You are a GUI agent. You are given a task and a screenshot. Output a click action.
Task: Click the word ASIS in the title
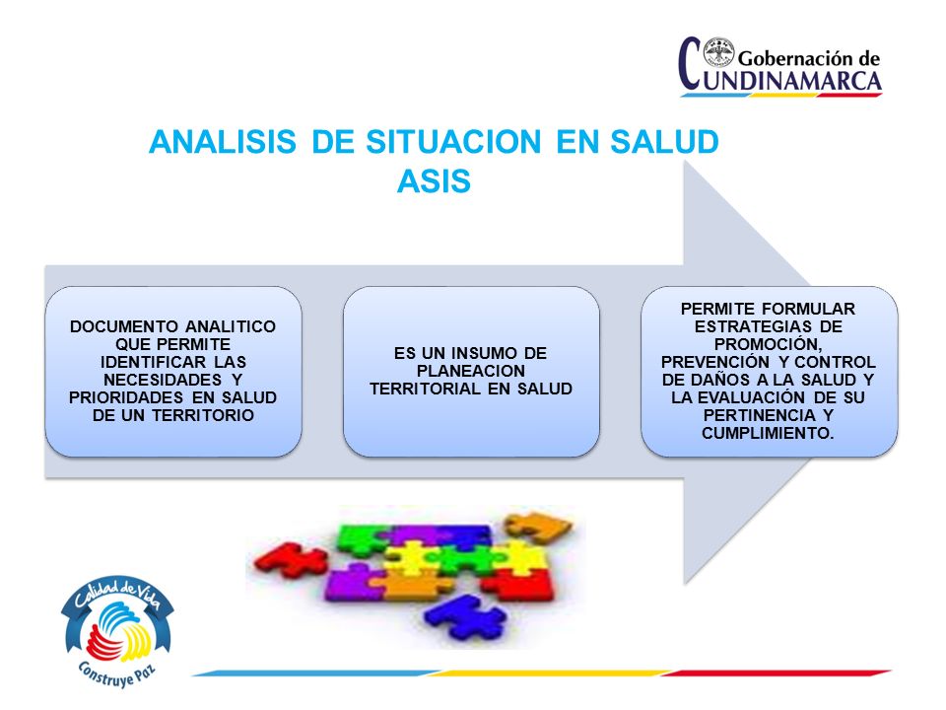click(x=434, y=180)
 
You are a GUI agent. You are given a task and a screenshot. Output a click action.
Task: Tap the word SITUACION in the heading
click(x=453, y=142)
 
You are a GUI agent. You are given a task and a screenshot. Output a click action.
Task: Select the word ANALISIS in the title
click(x=223, y=142)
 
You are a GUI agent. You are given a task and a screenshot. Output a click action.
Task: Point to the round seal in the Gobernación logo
click(x=718, y=52)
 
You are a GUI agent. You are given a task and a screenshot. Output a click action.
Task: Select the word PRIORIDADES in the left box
click(x=126, y=397)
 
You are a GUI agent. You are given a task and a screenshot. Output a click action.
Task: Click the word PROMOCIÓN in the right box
click(x=768, y=345)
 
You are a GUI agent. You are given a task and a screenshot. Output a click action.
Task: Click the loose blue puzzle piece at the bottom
click(x=464, y=617)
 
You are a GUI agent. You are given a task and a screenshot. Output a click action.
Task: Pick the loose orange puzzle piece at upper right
click(x=537, y=526)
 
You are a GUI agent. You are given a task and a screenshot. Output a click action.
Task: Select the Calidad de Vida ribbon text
click(x=117, y=594)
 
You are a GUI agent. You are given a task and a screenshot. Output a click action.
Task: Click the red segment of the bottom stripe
click(x=777, y=673)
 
